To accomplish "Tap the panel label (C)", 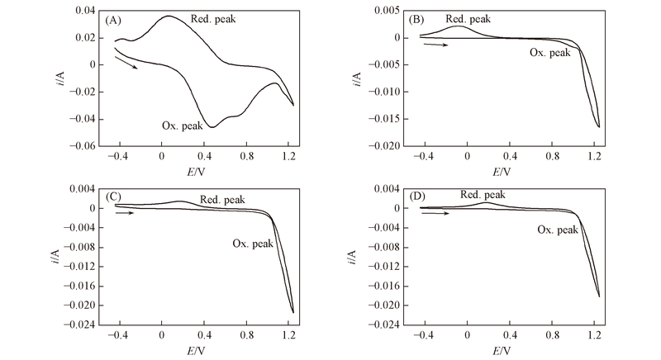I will (115, 197).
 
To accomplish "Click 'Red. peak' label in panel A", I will (211, 18).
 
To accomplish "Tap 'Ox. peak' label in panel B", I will (549, 52).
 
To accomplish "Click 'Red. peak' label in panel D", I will (483, 195).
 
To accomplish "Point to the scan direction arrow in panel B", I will (435, 45).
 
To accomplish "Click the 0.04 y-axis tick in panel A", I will (86, 11).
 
